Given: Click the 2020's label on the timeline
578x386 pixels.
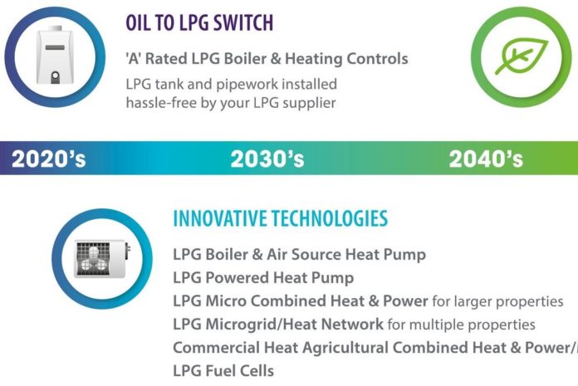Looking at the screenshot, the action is (x=48, y=159).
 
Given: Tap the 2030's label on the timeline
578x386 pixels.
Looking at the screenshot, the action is (x=267, y=159).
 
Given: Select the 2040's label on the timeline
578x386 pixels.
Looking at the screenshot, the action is (x=486, y=159).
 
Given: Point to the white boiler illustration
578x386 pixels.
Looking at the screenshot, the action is (x=55, y=55).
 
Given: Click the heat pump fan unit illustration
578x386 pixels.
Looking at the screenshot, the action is (x=102, y=258).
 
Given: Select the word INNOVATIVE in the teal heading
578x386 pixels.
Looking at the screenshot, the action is (x=220, y=218).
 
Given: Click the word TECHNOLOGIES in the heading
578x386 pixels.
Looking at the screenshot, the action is (x=330, y=218).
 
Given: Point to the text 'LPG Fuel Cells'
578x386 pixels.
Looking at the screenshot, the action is (x=223, y=370).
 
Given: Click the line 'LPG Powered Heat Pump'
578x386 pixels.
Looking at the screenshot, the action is (x=263, y=278).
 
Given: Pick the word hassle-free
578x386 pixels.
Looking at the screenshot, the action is (x=161, y=103).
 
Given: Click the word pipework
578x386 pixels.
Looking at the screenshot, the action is (x=247, y=85).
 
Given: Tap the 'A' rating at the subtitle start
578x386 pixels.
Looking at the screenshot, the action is (x=134, y=59).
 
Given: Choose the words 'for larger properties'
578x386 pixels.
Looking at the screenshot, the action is (x=497, y=301).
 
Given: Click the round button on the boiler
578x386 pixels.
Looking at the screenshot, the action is (x=55, y=76).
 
